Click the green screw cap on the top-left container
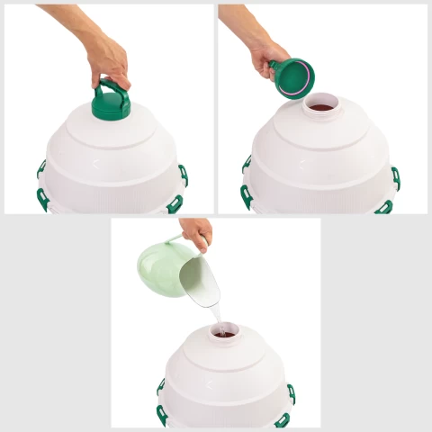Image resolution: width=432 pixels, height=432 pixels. pos(112,103)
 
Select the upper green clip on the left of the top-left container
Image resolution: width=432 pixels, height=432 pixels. pos(41,168)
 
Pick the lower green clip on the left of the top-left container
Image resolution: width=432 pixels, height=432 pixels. pos(42,198)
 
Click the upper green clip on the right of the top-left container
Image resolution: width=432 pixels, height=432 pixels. pos(184,174)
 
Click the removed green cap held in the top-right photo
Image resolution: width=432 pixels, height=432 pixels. pos(292,76)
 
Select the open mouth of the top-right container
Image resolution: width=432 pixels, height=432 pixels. pos(320,107)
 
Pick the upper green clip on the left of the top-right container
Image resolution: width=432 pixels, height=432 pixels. pos(247,164)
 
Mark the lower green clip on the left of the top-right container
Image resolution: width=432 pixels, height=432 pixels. pos(246,196)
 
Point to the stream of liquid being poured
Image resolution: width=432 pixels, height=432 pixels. pos(216,317)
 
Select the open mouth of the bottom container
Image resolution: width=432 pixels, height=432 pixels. pos(224,333)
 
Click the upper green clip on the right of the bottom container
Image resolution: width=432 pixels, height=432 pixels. pos(291,393)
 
